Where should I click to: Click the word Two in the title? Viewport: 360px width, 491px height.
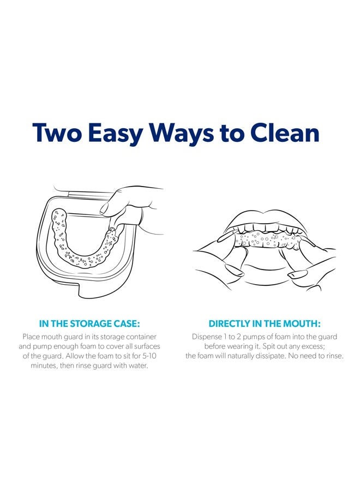click(57, 133)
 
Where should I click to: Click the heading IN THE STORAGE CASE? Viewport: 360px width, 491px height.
click(89, 324)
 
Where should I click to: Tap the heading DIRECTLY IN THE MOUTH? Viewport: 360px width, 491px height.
click(265, 324)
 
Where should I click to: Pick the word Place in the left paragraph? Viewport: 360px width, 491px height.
click(31, 337)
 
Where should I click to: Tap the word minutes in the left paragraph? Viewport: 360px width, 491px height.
click(44, 366)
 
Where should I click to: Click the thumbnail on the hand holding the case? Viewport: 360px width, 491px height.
click(106, 208)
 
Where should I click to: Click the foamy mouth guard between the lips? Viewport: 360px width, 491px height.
click(267, 241)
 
